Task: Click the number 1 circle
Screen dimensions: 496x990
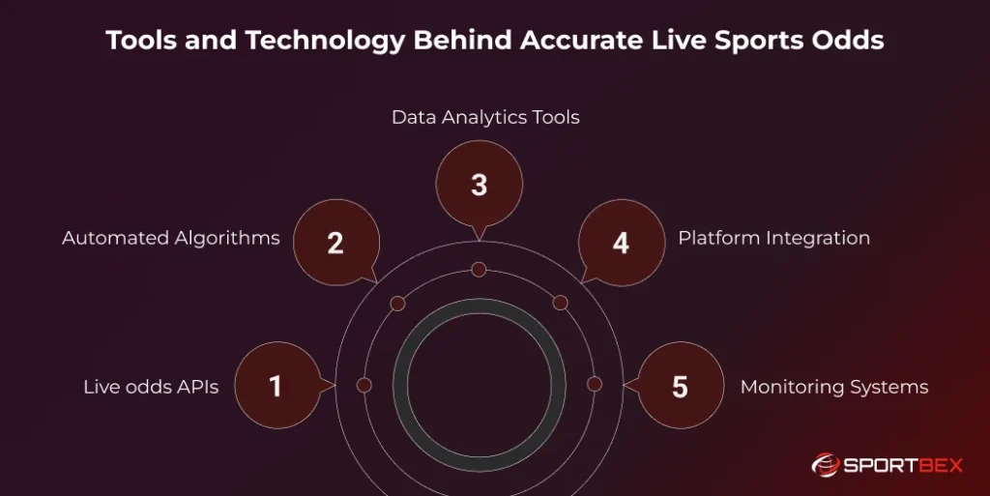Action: point(276,386)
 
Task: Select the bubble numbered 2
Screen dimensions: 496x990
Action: point(335,242)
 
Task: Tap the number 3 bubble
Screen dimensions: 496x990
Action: point(479,184)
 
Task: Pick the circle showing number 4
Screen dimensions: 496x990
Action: point(621,242)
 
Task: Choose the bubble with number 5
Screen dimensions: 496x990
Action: point(680,386)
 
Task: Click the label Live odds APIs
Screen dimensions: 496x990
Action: point(151,387)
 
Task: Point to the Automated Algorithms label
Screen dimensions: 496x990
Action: point(171,238)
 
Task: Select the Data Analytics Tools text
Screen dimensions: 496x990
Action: point(485,118)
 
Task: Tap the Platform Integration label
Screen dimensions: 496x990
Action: point(773,238)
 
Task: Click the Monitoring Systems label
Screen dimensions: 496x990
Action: point(833,387)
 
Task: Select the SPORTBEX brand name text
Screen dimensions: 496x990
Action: point(904,466)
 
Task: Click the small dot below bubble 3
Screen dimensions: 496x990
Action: point(479,268)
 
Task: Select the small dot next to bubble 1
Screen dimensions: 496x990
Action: point(364,385)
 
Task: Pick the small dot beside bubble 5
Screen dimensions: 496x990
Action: point(595,384)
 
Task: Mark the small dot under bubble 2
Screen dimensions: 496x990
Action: point(397,304)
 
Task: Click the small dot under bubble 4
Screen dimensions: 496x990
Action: point(560,303)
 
